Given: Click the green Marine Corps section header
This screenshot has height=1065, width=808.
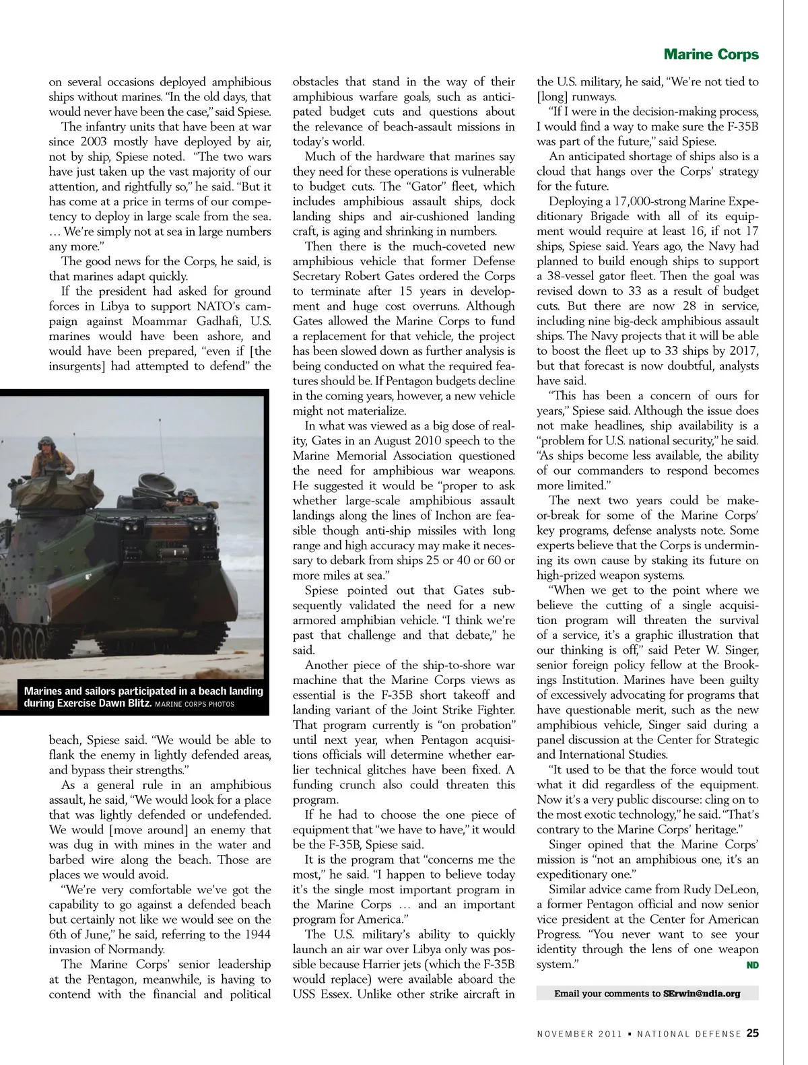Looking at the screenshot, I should pyautogui.click(x=711, y=55).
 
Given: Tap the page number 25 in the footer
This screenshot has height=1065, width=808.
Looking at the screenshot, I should pyautogui.click(x=753, y=1033).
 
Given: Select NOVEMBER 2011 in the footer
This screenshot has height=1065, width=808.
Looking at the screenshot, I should pyautogui.click(x=574, y=1034).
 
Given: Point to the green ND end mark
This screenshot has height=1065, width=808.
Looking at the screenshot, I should pyautogui.click(x=752, y=965).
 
